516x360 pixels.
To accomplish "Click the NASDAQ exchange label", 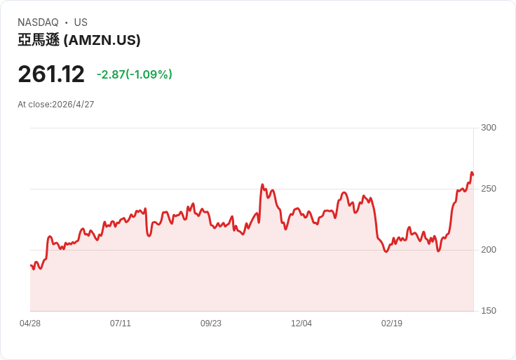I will pyautogui.click(x=38, y=22).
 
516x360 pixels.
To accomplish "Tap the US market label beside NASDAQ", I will pyautogui.click(x=81, y=22).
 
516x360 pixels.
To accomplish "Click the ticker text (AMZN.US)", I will pyautogui.click(x=102, y=41).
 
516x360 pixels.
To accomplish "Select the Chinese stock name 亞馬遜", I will pyautogui.click(x=39, y=41).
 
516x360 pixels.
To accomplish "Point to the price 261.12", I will pyautogui.click(x=51, y=74).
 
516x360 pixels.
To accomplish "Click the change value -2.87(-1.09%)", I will pyautogui.click(x=134, y=74).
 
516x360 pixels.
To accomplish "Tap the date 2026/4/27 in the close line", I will pyautogui.click(x=73, y=105).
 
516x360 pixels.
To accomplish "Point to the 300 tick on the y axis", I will pyautogui.click(x=488, y=128).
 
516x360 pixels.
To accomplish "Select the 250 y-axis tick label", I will pyautogui.click(x=488, y=189).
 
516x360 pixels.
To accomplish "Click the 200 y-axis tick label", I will pyautogui.click(x=488, y=250).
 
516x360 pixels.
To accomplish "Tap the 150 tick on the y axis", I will pyautogui.click(x=488, y=311).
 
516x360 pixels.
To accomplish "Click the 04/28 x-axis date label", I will pyautogui.click(x=30, y=324).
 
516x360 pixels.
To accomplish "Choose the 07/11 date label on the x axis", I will pyautogui.click(x=121, y=324).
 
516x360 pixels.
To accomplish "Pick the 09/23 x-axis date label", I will pyautogui.click(x=211, y=324).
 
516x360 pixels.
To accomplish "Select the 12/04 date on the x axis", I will pyautogui.click(x=301, y=324).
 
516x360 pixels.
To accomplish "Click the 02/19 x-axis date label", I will pyautogui.click(x=392, y=324).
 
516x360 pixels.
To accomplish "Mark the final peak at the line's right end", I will pyautogui.click(x=472, y=172).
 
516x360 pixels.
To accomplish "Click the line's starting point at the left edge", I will pyautogui.click(x=30, y=265).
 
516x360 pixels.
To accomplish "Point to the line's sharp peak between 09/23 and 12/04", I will pyautogui.click(x=262, y=185).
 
